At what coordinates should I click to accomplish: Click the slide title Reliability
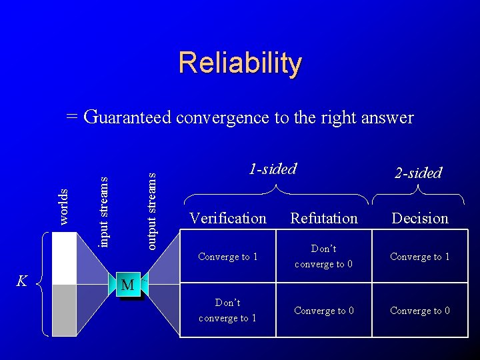tap(240, 64)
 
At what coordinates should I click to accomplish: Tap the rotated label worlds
tap(63, 206)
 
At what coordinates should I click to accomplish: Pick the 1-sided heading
tap(272, 169)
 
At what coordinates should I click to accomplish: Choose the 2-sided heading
tap(418, 173)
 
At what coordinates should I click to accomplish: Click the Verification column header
tap(228, 218)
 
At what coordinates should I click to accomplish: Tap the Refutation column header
tap(324, 218)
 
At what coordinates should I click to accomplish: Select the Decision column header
tap(420, 218)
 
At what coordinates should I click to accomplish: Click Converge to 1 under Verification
tap(228, 257)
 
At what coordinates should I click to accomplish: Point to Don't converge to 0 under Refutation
tap(324, 256)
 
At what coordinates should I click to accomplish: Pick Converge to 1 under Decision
tap(420, 257)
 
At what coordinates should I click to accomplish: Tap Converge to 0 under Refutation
tap(324, 311)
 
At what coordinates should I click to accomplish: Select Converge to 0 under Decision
tap(420, 311)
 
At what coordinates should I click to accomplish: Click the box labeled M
tap(129, 285)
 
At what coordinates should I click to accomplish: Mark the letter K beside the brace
tap(21, 281)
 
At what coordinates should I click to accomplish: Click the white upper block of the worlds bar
tap(65, 257)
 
